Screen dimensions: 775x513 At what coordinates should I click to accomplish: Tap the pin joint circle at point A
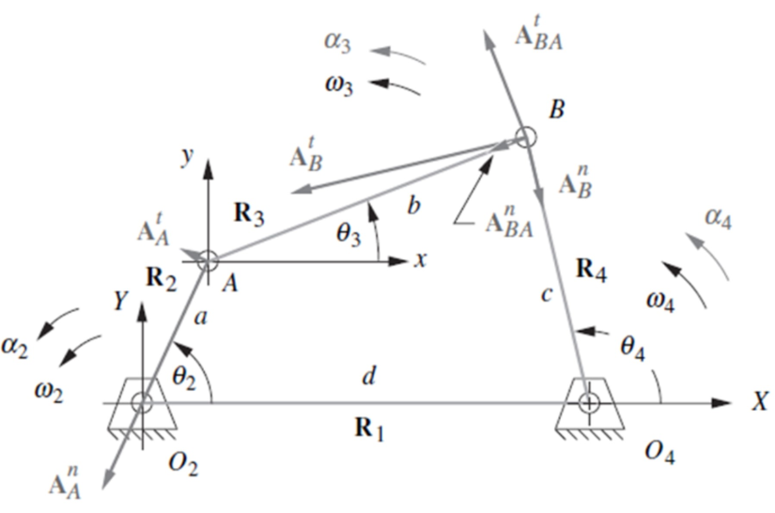(x=209, y=260)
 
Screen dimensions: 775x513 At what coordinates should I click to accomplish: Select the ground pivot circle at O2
(x=142, y=403)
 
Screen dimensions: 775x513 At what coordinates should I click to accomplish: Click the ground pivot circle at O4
(x=589, y=403)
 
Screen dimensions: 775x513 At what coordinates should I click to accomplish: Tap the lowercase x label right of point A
(x=421, y=260)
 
